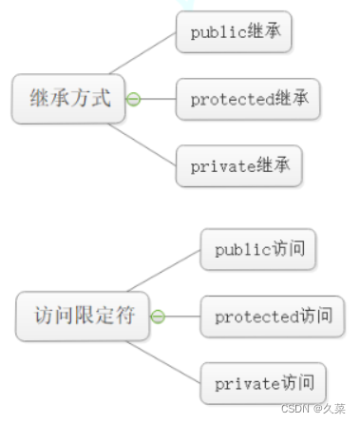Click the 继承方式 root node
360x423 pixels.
69,97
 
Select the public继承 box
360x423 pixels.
234,32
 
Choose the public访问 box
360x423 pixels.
258,249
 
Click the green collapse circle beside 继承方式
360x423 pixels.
134,98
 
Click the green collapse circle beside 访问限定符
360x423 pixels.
159,316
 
